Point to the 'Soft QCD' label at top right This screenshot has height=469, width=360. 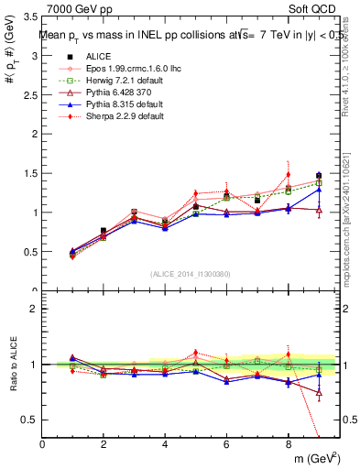318,8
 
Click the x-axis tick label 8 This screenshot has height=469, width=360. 288,444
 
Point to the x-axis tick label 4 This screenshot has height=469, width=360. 165,444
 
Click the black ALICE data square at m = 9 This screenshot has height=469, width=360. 319,175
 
